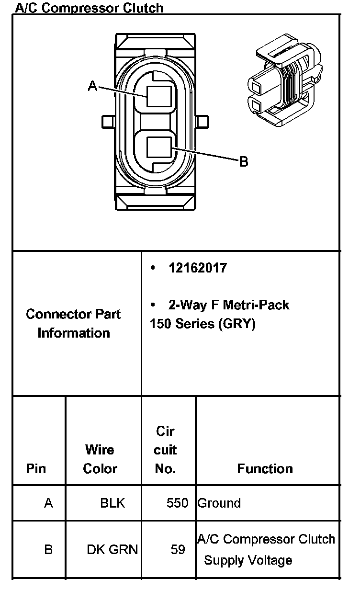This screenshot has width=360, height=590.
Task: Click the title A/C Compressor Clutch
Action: point(90,8)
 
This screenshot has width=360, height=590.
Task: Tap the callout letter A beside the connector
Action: point(93,86)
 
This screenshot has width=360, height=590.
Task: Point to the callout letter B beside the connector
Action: point(244,161)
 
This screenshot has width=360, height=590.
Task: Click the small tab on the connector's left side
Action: point(107,121)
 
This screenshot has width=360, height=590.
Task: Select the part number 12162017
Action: point(197,268)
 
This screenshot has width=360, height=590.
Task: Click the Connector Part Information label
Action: point(74,323)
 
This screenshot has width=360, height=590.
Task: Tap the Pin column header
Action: point(36,468)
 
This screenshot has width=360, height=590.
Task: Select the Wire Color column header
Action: point(100,459)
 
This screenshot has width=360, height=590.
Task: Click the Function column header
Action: point(265,468)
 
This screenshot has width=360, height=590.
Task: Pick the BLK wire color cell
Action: point(112,503)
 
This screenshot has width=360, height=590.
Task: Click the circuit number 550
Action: point(177,503)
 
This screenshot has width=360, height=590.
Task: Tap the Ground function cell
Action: point(219,503)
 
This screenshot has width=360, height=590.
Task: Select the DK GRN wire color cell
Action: point(112,549)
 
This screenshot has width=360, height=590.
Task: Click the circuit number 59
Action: point(178,549)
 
